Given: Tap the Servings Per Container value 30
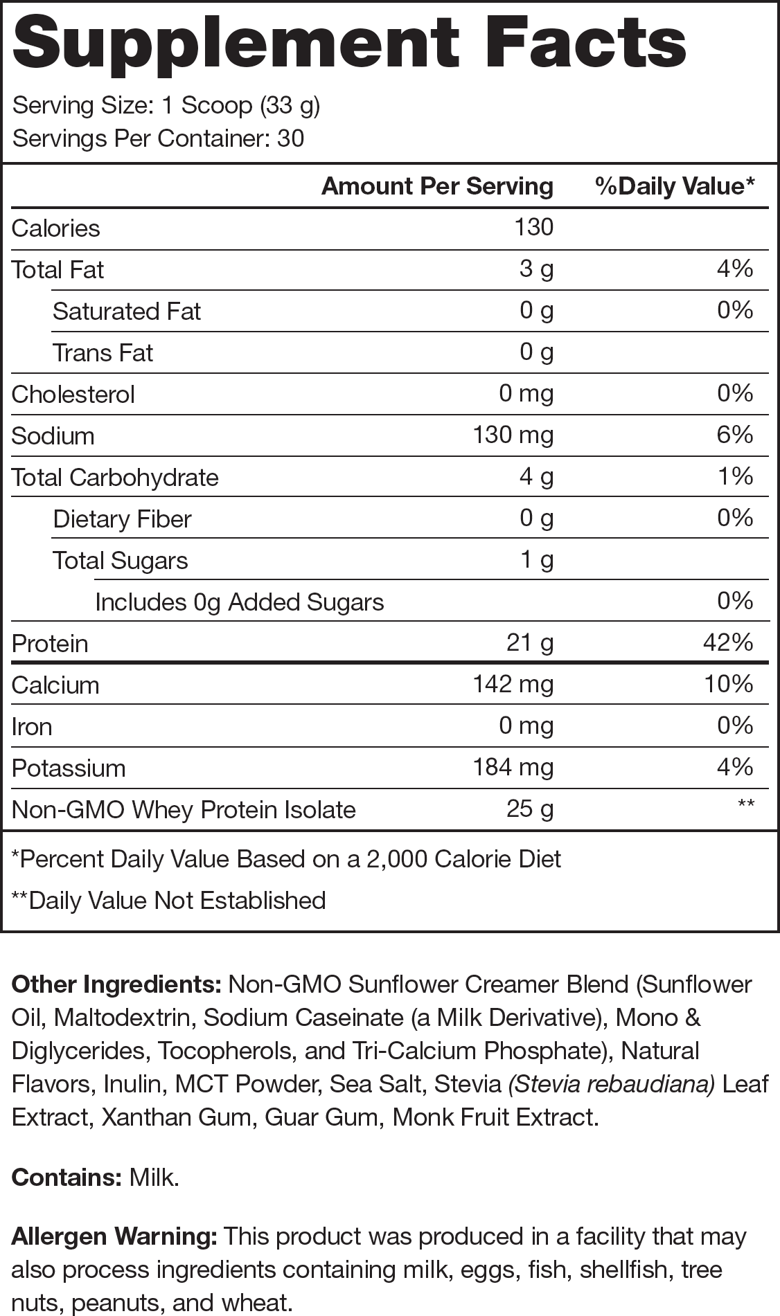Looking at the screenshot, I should [x=290, y=138].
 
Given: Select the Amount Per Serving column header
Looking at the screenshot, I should [x=437, y=186].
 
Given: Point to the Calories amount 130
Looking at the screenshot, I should [x=533, y=227].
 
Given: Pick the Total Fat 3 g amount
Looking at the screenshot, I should [x=536, y=269].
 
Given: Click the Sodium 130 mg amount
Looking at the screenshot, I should [x=513, y=435].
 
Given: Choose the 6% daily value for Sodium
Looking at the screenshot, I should [x=735, y=435].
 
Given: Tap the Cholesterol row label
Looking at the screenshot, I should [x=73, y=394].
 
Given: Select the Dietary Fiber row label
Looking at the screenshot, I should [x=122, y=519].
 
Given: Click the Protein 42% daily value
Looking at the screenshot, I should [x=727, y=642].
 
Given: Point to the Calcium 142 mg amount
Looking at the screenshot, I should [x=513, y=684].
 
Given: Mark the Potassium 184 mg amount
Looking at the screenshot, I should [x=513, y=767].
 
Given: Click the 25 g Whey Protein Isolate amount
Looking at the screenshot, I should [x=530, y=809].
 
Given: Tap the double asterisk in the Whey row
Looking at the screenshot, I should [x=746, y=804].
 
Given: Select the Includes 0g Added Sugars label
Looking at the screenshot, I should [x=239, y=602].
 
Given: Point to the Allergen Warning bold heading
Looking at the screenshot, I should [x=114, y=1236].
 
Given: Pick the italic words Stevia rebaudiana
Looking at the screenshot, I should [x=612, y=1084].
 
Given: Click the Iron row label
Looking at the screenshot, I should [x=32, y=726].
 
